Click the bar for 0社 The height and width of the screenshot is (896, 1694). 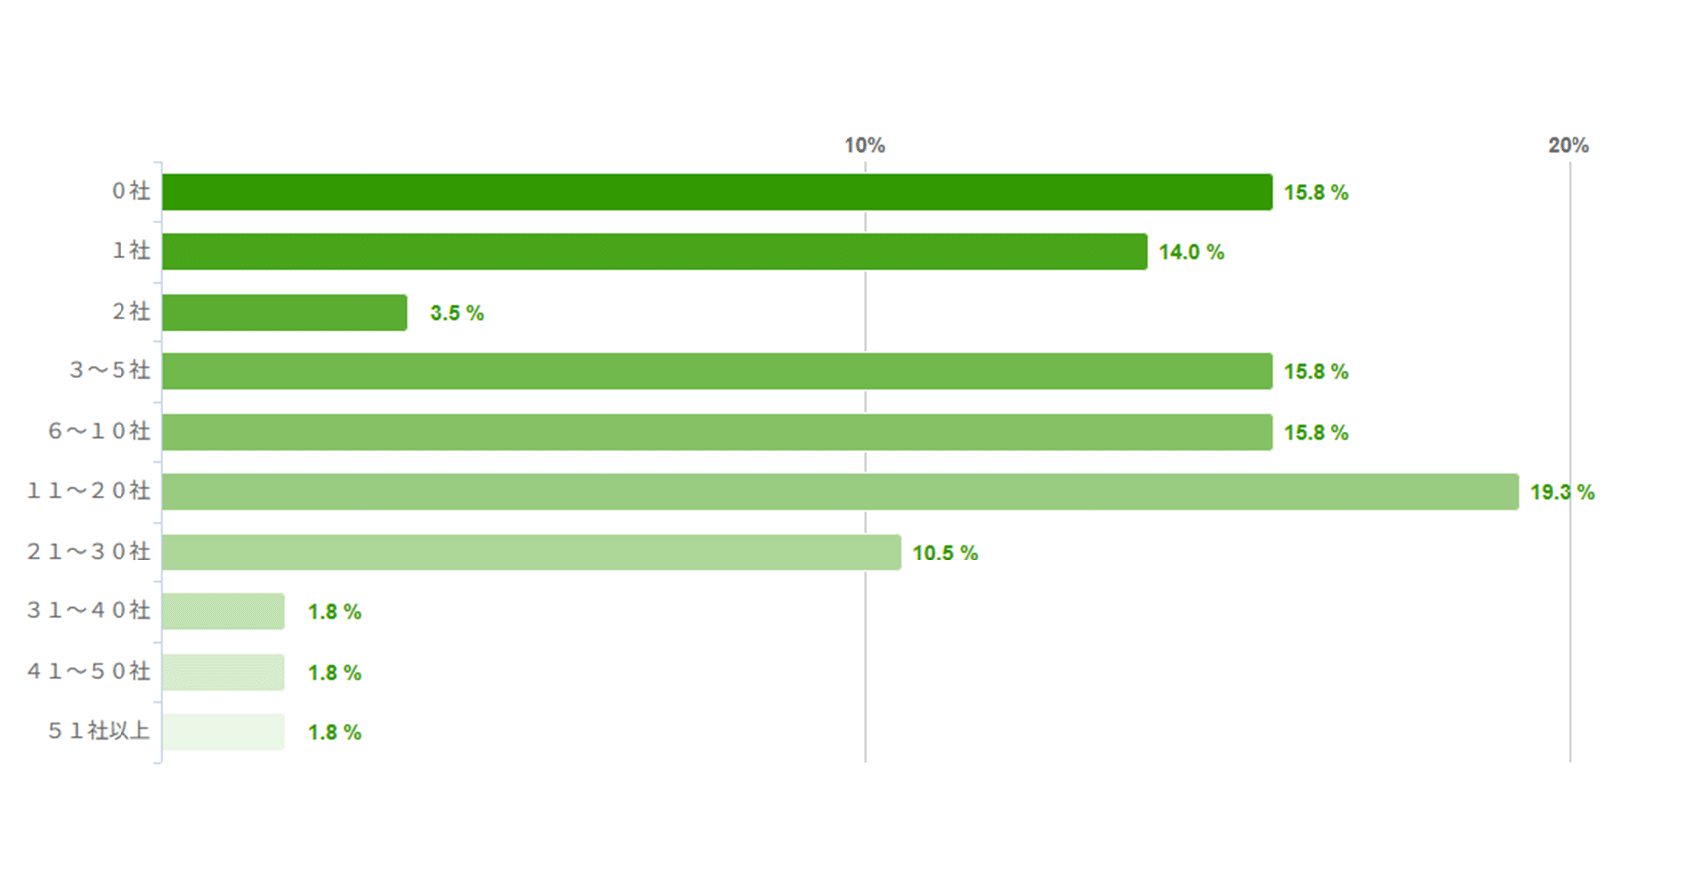(x=717, y=192)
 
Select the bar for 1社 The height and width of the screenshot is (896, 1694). (x=654, y=252)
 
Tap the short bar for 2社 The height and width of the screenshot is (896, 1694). (x=285, y=312)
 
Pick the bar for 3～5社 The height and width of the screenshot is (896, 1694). (x=717, y=371)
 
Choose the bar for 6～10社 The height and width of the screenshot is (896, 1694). (x=717, y=432)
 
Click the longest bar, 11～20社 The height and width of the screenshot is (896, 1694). (x=840, y=492)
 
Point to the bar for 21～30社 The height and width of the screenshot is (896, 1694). (x=532, y=553)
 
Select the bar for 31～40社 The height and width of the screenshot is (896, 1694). (x=223, y=611)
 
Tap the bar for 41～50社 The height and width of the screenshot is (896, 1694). (x=223, y=672)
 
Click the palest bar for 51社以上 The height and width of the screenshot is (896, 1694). (x=223, y=732)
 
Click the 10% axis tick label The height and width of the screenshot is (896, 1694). (x=864, y=146)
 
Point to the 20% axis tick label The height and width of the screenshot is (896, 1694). (x=1568, y=146)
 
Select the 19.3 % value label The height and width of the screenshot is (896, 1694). (x=1562, y=492)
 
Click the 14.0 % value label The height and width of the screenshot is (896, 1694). (x=1191, y=253)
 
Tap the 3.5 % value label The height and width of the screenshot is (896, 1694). (x=457, y=313)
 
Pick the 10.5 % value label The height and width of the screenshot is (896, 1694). (x=945, y=553)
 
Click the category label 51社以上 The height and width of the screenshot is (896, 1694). (x=100, y=731)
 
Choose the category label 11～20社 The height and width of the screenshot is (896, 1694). (x=89, y=491)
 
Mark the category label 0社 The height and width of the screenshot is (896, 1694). (x=130, y=191)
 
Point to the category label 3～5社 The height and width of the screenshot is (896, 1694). (x=110, y=370)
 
